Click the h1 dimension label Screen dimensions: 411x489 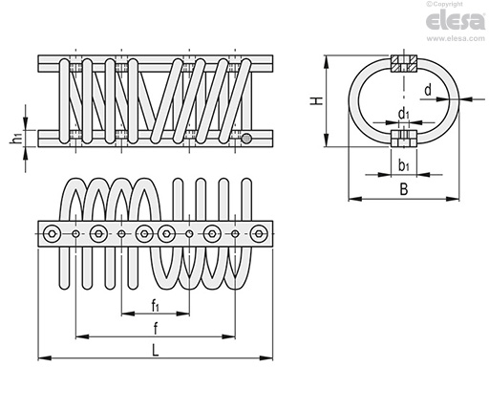16,140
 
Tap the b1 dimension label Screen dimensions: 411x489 404,165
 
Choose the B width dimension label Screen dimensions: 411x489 403,190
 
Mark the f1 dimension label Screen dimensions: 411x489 155,306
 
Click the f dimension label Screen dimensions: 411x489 155,328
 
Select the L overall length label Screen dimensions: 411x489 155,350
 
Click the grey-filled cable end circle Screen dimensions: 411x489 248,140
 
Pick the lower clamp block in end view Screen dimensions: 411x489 404,139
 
